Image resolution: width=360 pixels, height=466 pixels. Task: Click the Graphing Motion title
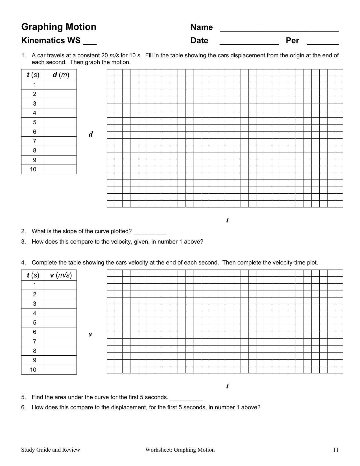click(59, 27)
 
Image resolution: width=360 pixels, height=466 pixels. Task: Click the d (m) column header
click(61, 75)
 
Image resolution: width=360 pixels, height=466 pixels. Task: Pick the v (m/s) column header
click(61, 275)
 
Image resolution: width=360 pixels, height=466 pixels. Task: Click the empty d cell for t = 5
click(61, 122)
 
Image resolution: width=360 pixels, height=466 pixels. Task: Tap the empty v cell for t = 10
click(61, 370)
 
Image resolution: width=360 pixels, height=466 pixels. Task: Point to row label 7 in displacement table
click(34, 141)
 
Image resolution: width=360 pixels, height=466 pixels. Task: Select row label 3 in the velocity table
click(34, 304)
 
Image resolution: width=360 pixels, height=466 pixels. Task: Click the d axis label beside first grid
click(91, 134)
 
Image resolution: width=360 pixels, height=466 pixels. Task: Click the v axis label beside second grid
click(90, 334)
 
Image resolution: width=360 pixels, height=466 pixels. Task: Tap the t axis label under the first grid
click(227, 220)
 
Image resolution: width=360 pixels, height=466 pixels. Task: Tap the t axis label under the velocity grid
click(227, 386)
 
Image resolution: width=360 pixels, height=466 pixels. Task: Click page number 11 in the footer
click(335, 450)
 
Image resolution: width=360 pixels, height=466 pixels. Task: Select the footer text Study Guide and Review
click(51, 450)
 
